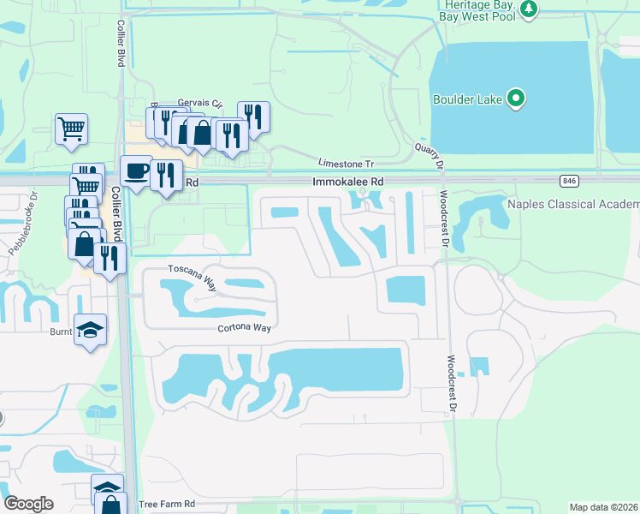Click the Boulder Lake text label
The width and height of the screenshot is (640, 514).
point(466,99)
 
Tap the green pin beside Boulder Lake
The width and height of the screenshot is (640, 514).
point(515,99)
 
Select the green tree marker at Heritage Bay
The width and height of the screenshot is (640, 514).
point(530,9)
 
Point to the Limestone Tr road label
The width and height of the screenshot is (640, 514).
point(346,163)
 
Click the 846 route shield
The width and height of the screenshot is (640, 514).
point(569,182)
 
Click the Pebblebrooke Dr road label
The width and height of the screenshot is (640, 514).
point(25,226)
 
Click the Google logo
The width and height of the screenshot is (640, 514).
point(29,504)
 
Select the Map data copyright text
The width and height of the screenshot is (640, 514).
point(603,507)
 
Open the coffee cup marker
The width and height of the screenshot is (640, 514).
point(137,170)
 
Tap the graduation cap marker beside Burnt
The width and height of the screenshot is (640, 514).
point(91,330)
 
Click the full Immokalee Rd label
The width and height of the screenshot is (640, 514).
point(348,182)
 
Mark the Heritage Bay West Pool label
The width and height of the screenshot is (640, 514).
point(479,9)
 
